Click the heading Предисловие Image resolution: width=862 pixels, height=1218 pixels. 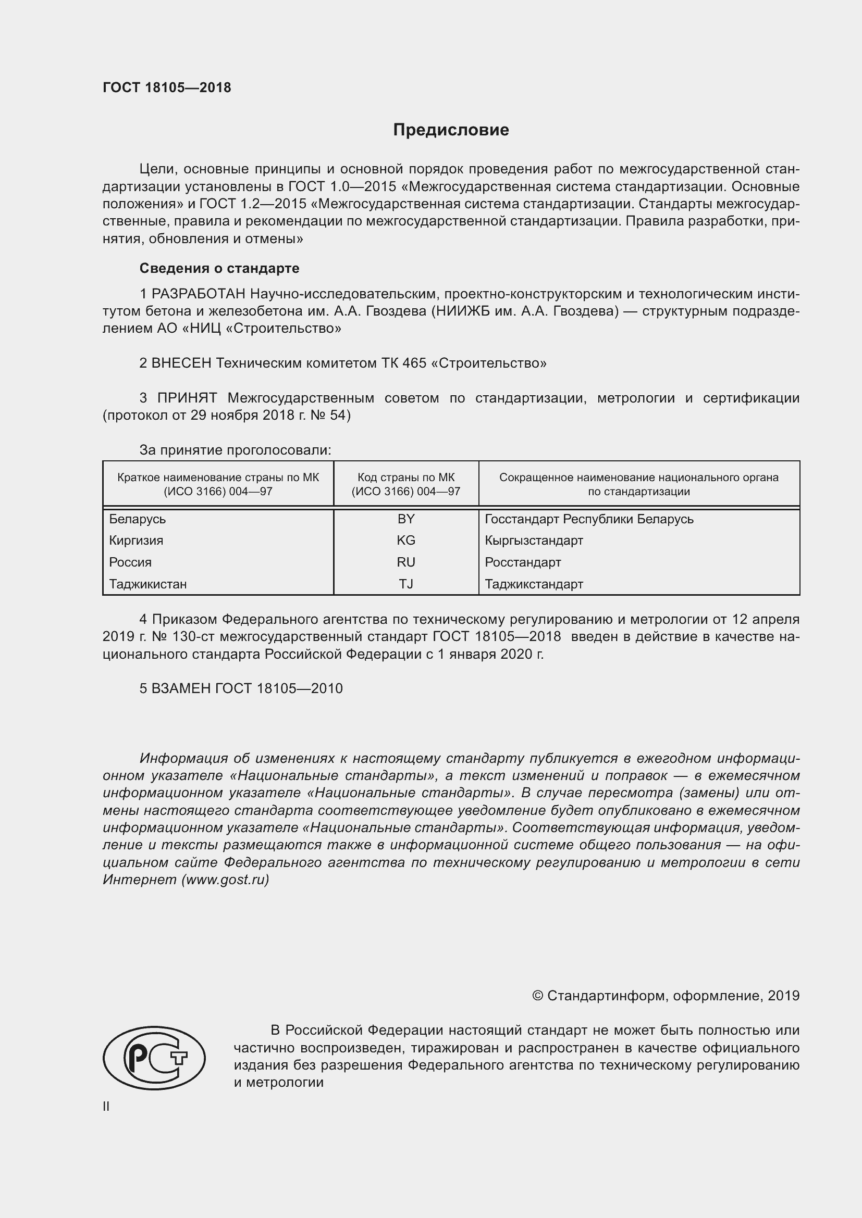point(451,130)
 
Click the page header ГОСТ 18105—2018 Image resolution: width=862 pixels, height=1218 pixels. point(167,88)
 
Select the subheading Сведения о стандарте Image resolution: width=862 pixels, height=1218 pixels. point(219,268)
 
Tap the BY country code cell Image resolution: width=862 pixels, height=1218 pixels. point(405,519)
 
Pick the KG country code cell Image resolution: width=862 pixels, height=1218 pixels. point(405,541)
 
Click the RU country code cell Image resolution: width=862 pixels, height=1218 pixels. point(405,562)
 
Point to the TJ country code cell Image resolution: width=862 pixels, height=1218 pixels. point(405,584)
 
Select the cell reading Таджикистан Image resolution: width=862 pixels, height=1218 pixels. point(148,584)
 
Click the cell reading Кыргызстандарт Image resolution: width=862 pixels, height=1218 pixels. point(534,541)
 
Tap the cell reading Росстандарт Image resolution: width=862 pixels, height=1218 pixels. point(522,562)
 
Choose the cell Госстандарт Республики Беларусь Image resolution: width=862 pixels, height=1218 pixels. point(588,519)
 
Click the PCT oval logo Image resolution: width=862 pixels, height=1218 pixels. point(154,1057)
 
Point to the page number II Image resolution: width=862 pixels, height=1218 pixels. point(106,1107)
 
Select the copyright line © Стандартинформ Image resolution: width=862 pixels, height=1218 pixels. point(665,996)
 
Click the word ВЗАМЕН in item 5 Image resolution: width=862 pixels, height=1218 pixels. point(181,688)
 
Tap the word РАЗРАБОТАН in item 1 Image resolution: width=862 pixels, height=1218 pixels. point(199,294)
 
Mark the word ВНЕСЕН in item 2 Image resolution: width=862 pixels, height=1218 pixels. point(181,363)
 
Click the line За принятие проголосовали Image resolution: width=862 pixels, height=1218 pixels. point(235,450)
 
